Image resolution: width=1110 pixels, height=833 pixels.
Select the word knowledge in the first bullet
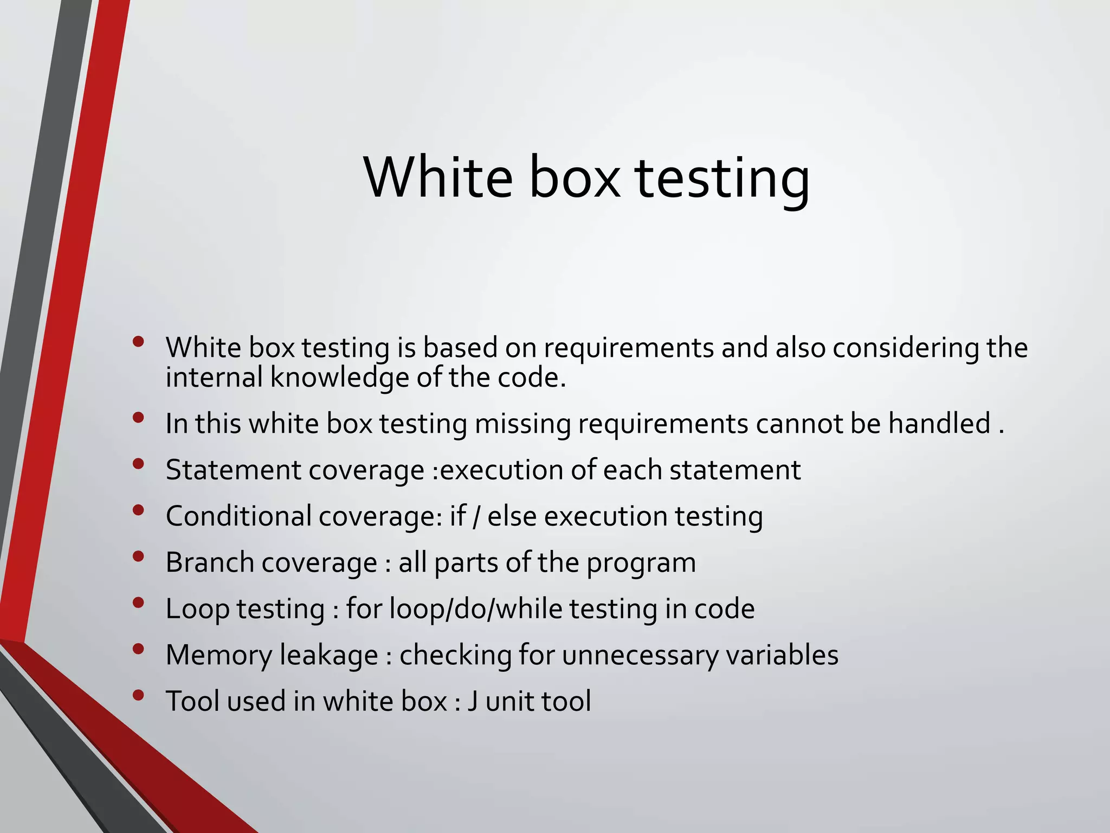point(339,378)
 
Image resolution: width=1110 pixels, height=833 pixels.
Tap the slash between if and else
point(476,516)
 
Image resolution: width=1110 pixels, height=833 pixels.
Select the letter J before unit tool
point(473,701)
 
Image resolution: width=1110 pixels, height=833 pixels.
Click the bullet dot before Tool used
point(138,695)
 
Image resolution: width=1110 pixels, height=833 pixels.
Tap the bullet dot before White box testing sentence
point(138,341)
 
